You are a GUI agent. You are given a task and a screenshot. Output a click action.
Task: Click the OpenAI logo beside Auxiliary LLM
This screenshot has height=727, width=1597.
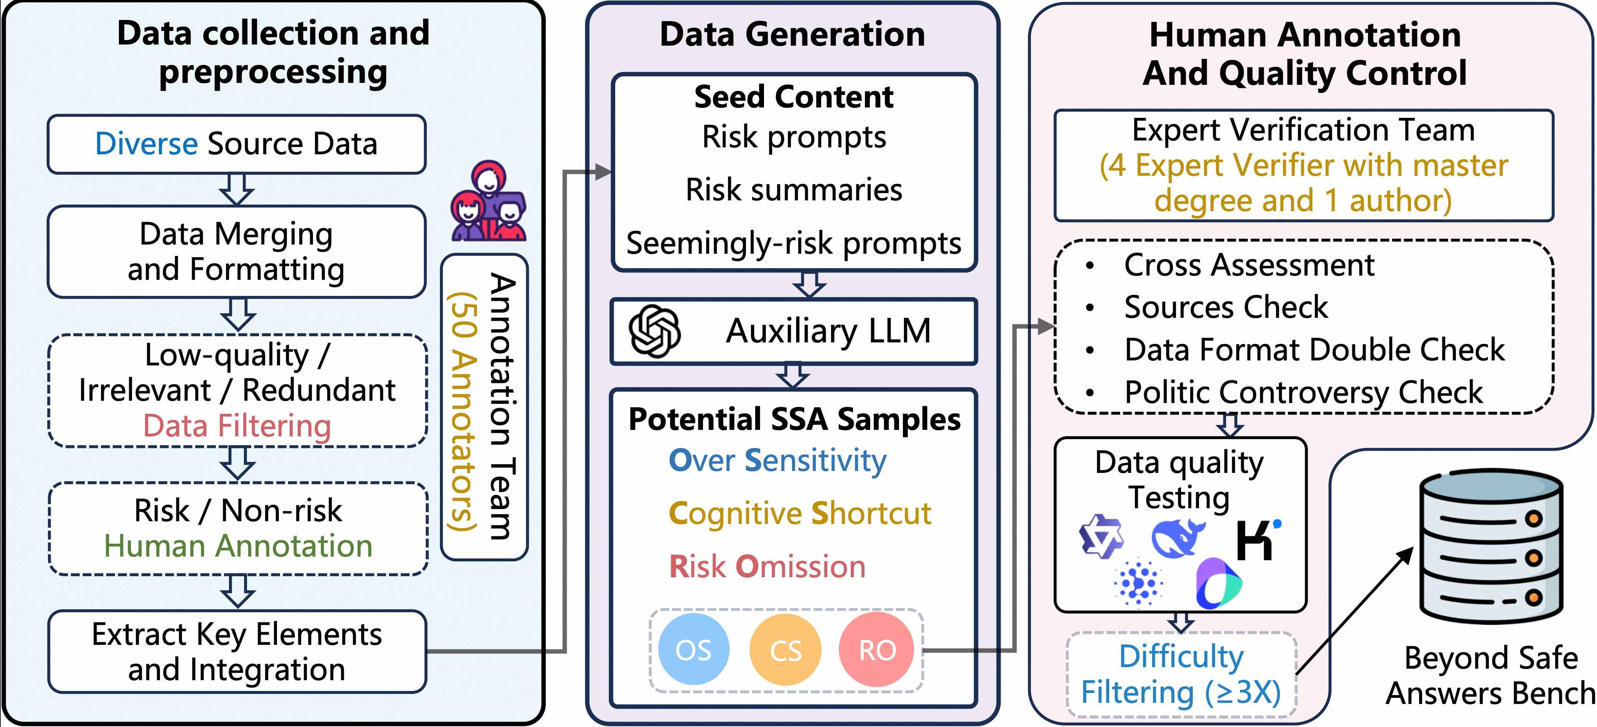click(x=654, y=330)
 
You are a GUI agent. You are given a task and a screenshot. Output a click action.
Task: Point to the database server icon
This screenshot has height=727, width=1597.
click(x=1491, y=546)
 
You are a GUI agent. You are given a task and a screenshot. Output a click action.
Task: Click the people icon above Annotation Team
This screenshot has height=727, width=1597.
click(x=489, y=202)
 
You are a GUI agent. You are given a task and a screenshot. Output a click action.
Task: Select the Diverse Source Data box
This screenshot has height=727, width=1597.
click(x=236, y=144)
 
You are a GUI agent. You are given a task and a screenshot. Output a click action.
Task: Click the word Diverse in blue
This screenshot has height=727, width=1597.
click(x=146, y=144)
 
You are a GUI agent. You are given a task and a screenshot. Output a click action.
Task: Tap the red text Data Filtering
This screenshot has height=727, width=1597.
click(x=237, y=426)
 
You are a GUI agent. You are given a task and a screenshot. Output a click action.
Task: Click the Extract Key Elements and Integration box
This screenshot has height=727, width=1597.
click(x=237, y=651)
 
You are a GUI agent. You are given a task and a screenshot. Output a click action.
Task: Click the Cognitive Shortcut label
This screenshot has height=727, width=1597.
click(x=800, y=514)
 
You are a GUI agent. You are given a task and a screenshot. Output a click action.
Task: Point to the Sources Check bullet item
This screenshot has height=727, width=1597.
click(x=1226, y=307)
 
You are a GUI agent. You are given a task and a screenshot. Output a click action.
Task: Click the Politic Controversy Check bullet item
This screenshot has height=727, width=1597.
click(x=1303, y=392)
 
